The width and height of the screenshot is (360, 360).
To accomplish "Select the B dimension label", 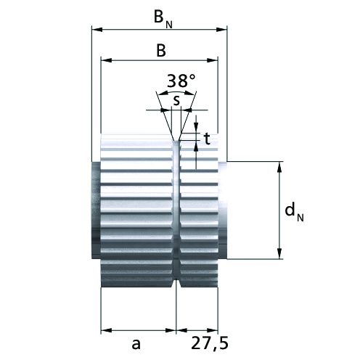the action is [161, 51].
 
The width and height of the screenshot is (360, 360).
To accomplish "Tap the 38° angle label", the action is [181, 81].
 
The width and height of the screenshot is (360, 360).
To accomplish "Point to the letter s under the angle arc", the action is [177, 101].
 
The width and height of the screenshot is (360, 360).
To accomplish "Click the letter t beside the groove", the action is [207, 139].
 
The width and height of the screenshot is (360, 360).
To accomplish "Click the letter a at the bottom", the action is [136, 343].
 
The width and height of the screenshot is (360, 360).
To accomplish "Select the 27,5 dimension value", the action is [210, 343].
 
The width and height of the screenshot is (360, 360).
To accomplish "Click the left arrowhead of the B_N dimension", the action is [97, 30].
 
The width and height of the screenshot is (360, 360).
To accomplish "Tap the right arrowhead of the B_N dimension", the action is [221, 30].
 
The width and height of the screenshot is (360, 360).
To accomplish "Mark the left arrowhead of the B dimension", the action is [106, 60].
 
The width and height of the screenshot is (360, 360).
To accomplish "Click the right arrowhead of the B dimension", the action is [213, 60].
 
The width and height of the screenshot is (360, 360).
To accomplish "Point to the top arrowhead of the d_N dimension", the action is [279, 167].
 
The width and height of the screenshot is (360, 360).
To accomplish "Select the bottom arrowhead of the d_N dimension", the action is [279, 253].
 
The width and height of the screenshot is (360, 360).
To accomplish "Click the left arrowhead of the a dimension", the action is [106, 330].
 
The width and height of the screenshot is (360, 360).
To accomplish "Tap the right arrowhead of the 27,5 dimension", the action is [213, 330].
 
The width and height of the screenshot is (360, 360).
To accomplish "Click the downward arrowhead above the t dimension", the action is [196, 128].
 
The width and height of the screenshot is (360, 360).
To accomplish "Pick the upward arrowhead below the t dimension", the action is [196, 146].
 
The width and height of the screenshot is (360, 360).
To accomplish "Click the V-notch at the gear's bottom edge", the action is [176, 284].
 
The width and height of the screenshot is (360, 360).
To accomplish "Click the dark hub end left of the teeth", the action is [96, 210].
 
